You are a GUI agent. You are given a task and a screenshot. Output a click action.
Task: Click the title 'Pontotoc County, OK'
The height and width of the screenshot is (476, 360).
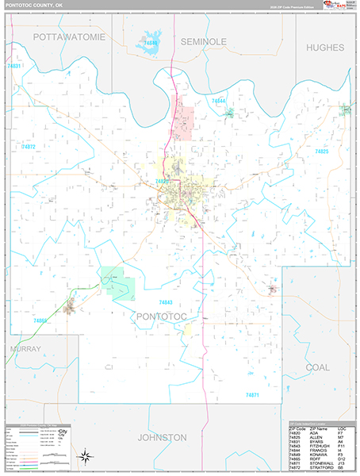coord(35,6)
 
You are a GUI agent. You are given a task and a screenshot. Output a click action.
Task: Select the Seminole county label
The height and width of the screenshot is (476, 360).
coord(203,41)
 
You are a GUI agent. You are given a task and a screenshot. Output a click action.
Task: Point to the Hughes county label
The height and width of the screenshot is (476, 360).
coord(325,48)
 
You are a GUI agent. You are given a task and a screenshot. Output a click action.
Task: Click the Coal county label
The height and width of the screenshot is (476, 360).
coord(317,367)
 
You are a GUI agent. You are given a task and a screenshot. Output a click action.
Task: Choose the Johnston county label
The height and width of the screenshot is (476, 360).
coord(162,437)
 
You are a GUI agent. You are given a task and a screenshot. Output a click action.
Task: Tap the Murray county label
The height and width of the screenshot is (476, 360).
coord(25,348)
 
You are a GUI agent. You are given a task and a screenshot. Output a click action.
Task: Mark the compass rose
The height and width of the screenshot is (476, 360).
coord(85,455)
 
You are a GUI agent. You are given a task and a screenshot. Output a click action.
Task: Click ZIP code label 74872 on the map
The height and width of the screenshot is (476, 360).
coord(29,147)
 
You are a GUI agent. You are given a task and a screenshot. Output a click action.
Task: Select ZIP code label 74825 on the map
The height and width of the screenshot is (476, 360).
coord(321,151)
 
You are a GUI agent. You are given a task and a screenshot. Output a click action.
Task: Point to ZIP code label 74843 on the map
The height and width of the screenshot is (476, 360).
coord(166,302)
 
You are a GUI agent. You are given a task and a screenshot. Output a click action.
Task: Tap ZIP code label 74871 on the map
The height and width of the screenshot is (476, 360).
coord(252,394)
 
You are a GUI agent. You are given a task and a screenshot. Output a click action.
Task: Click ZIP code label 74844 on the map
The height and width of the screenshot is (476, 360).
coord(219,101)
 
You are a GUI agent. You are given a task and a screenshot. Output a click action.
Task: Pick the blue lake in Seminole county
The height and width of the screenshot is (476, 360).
coord(149,43)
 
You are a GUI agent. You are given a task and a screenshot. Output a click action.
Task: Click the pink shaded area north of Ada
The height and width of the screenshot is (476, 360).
coord(184,123)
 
